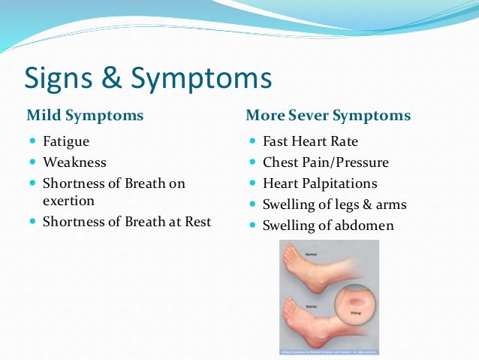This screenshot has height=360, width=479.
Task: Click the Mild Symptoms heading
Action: pyautogui.click(x=85, y=116)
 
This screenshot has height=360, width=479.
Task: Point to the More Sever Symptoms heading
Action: pyautogui.click(x=328, y=116)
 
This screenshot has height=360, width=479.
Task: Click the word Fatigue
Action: pyautogui.click(x=67, y=141)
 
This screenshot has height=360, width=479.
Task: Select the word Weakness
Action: pyautogui.click(x=74, y=162)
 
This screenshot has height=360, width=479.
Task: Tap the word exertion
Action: pyautogui.click(x=68, y=201)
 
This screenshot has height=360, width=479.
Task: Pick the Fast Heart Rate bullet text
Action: pyautogui.click(x=310, y=141)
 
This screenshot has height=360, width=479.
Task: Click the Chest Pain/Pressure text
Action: pyautogui.click(x=325, y=162)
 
